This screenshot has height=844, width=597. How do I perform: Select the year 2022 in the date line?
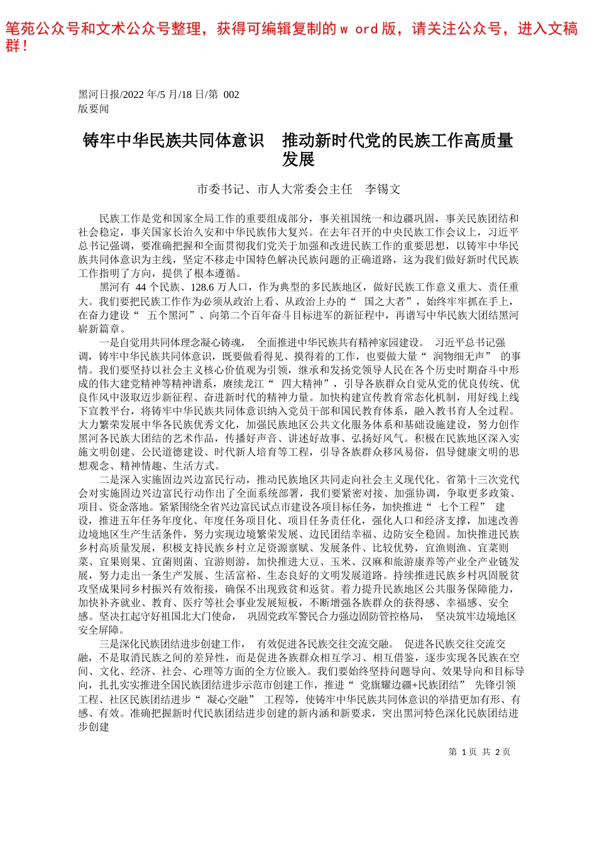pos(134,95)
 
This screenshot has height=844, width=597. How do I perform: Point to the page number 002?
pos(231,95)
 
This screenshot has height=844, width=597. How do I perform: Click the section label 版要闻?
pos(94,109)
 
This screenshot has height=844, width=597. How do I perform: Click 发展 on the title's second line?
pos(298,160)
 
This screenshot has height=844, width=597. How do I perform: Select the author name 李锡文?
pos(383,189)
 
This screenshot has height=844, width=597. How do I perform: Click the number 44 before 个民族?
pos(141,288)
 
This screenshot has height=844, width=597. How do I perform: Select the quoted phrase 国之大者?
pos(385,301)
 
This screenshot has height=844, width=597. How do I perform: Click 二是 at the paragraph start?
pos(110,480)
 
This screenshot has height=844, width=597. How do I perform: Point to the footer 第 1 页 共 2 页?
pos(479,752)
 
